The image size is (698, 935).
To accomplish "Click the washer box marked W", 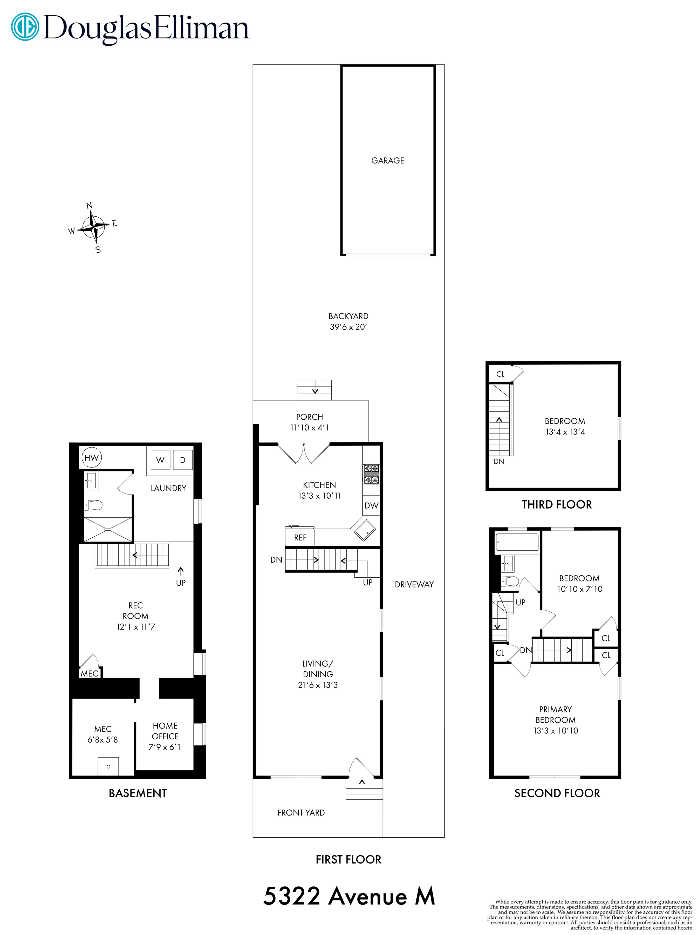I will pos(160,460).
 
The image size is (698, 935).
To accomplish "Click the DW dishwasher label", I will pos(371,505).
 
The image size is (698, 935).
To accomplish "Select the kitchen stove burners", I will pos(371,474).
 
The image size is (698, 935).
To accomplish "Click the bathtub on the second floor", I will pos(517,542).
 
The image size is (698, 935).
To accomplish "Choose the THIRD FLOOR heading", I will pos(557,504).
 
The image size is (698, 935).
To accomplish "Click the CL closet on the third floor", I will pos(500,374).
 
